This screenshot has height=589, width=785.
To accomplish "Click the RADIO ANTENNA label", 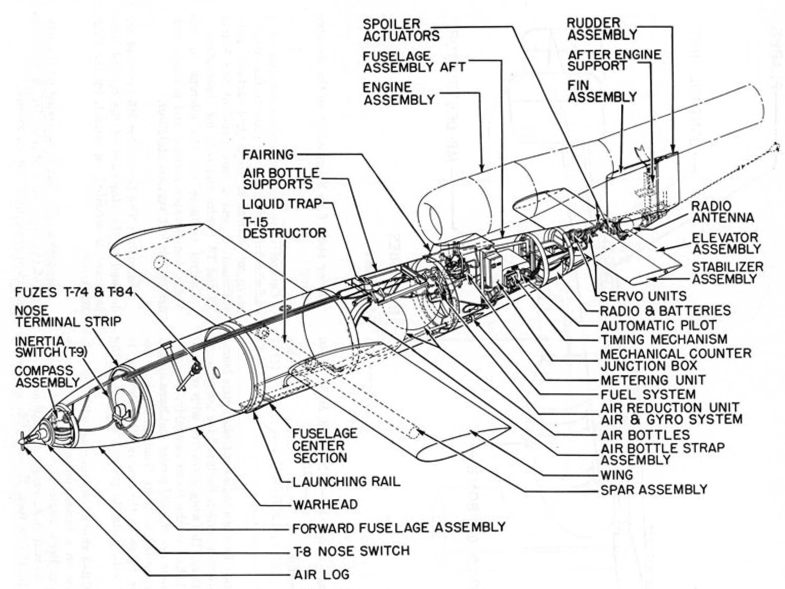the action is tap(723, 212).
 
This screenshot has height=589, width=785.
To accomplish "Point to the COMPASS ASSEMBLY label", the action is tap(47, 376).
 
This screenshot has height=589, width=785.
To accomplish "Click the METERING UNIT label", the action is tap(653, 380).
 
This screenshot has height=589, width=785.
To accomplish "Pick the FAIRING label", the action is tap(268, 155).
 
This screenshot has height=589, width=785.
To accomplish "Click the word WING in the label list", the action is tap(617, 475).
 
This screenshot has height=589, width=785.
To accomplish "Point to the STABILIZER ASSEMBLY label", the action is tap(728, 273).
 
